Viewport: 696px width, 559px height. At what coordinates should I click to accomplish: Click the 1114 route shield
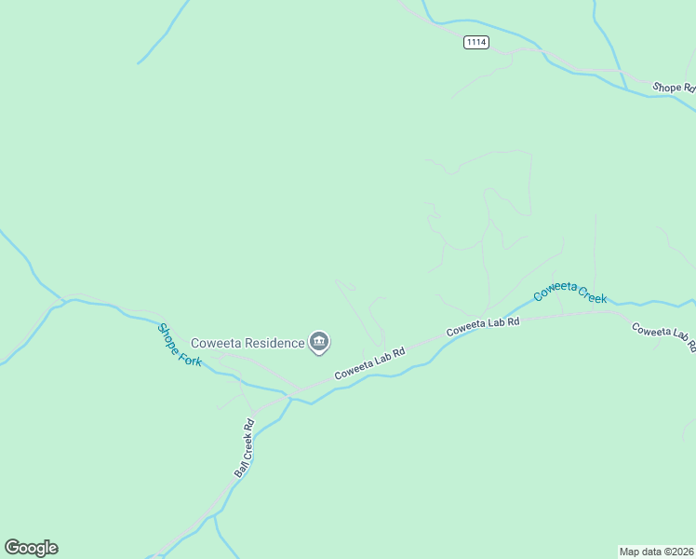tap(475, 43)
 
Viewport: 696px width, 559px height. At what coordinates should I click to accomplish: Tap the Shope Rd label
tap(673, 88)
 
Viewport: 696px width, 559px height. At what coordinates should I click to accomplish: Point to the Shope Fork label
tap(179, 345)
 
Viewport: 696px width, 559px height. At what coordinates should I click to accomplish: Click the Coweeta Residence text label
tap(248, 343)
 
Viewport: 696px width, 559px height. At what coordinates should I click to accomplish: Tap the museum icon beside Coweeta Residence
tap(319, 343)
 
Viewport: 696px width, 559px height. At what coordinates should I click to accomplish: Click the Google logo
tap(31, 548)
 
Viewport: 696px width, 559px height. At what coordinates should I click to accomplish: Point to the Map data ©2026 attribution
tap(656, 551)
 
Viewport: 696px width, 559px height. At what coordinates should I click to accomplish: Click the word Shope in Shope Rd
tap(666, 87)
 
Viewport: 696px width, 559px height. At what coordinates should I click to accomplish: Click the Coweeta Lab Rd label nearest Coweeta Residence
tap(370, 363)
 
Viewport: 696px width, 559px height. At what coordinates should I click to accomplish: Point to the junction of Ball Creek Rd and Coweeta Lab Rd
tap(288, 397)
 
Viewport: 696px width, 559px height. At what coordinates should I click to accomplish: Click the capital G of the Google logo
tap(12, 547)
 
